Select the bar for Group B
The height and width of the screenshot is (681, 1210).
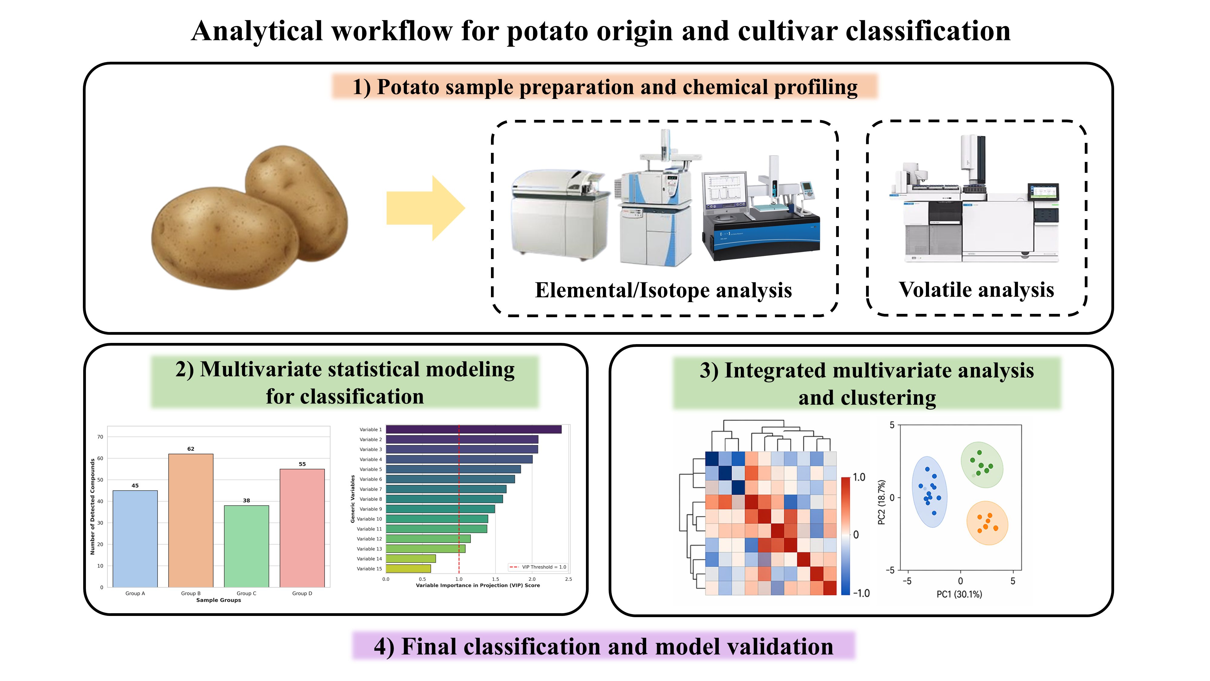click(191, 520)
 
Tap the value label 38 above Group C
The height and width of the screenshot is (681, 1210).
click(247, 501)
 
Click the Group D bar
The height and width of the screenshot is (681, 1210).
click(302, 528)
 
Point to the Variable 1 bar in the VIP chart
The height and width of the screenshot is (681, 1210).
click(473, 429)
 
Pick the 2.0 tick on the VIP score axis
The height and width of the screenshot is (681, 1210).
click(532, 579)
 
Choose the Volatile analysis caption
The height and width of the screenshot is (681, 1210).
click(976, 290)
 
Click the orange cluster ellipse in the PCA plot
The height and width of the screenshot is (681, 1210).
click(987, 523)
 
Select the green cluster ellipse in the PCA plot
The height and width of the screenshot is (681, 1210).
click(982, 465)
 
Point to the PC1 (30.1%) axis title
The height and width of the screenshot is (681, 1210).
click(959, 594)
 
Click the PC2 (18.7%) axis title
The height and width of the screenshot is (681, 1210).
click(882, 502)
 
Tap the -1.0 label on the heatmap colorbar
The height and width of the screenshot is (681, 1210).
click(862, 593)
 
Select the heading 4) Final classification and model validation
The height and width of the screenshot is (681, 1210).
click(603, 647)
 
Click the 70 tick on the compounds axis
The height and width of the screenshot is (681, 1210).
click(100, 437)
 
